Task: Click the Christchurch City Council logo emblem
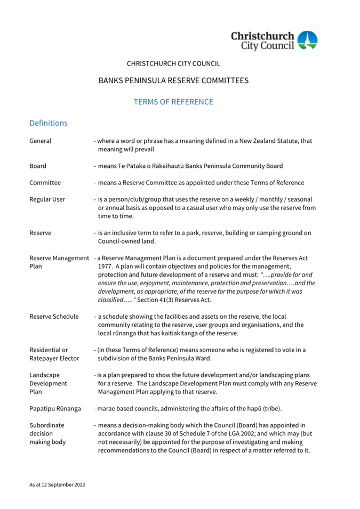click(x=307, y=40)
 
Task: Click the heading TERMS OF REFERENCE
click(x=173, y=102)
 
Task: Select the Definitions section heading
click(x=49, y=123)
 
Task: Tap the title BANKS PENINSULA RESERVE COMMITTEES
click(x=173, y=80)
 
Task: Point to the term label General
click(x=41, y=141)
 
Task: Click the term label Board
click(x=38, y=166)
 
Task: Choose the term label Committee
click(x=45, y=183)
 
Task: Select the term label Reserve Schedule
click(x=54, y=317)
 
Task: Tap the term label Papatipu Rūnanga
click(x=55, y=409)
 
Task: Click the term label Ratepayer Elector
click(x=54, y=359)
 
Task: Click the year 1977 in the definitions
click(x=105, y=266)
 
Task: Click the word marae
click(x=107, y=409)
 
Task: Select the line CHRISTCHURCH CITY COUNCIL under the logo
click(x=173, y=63)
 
